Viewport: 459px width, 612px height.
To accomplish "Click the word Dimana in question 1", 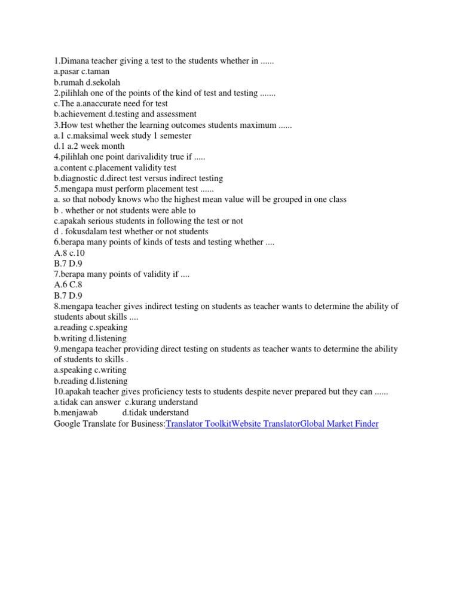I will tap(76, 62).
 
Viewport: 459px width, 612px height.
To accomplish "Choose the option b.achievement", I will tap(79, 114).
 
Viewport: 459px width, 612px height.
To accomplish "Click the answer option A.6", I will tap(61, 284).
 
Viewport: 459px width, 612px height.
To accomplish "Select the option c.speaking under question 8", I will tap(108, 328).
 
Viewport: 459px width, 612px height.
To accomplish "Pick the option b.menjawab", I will tap(76, 413).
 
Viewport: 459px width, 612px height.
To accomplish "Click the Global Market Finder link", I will tap(339, 424).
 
